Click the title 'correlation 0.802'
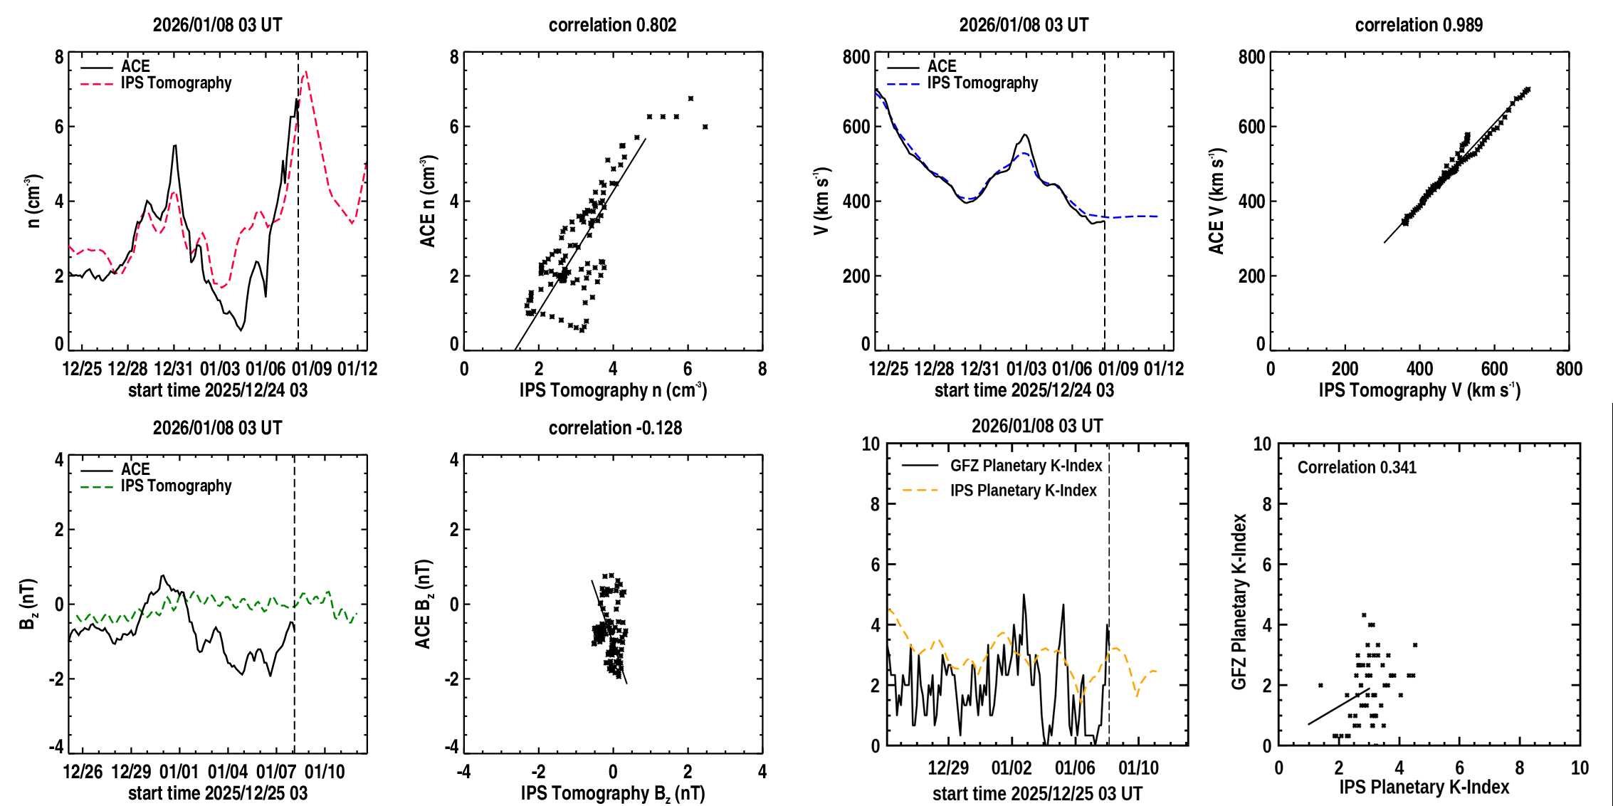click(x=612, y=25)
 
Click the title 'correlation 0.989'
click(x=1419, y=25)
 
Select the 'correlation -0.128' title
click(x=615, y=428)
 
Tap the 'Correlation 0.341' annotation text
click(x=1357, y=467)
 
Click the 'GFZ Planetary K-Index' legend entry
click(x=1026, y=466)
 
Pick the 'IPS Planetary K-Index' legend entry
click(x=1023, y=491)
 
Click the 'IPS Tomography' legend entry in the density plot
click(x=176, y=83)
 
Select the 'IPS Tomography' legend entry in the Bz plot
click(x=176, y=486)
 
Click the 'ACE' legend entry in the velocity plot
click(x=941, y=66)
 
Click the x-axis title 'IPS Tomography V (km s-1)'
click(x=1419, y=390)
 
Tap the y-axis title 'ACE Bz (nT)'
click(x=424, y=604)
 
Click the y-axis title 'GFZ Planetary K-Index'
click(x=1239, y=602)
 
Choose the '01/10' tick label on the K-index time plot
click(x=1138, y=768)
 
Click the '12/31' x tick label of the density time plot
click(x=174, y=369)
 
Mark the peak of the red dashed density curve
click(x=305, y=71)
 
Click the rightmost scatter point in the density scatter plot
click(x=705, y=127)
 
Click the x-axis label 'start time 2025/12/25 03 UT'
click(x=1037, y=794)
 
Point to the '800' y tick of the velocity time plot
click(x=856, y=57)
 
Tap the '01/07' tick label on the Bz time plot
click(x=276, y=772)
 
